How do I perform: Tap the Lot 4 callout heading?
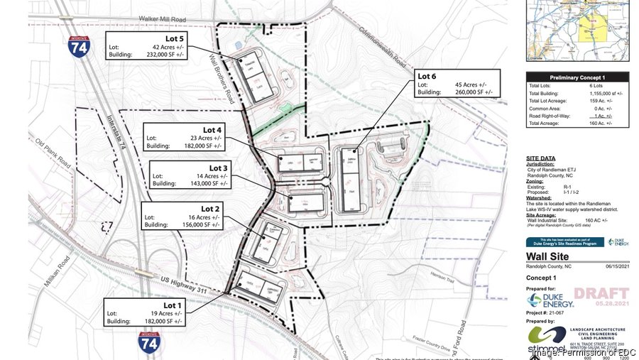pyautogui.click(x=212, y=130)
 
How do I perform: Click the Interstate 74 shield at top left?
pyautogui.click(x=80, y=50)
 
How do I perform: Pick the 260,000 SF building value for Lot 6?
pyautogui.click(x=477, y=92)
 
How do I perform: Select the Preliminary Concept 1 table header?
pyautogui.click(x=572, y=77)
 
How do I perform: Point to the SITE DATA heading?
pyautogui.click(x=540, y=158)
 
